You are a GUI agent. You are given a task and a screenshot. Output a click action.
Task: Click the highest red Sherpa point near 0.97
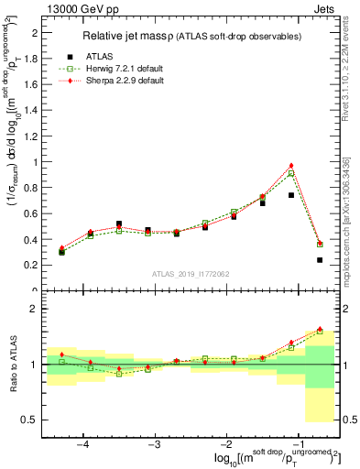[291, 166]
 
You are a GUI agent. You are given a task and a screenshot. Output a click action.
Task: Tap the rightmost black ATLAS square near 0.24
[320, 260]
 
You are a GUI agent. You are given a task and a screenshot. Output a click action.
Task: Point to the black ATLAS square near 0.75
[291, 195]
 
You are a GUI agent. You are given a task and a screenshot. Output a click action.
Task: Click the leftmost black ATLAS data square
[62, 252]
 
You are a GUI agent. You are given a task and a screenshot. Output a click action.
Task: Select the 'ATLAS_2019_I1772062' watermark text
[190, 274]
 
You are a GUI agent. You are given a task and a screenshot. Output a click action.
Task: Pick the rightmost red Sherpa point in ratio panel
[320, 329]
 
